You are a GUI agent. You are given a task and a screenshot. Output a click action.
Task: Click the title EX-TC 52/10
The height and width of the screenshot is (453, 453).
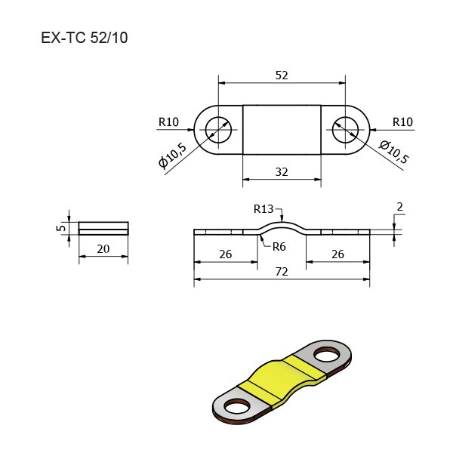tap(85, 38)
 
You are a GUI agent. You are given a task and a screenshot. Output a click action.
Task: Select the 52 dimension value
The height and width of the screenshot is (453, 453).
tap(282, 75)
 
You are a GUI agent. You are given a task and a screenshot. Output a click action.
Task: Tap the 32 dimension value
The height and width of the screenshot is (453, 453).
tap(282, 172)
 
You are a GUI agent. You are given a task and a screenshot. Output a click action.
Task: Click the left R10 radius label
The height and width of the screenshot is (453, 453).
tap(168, 122)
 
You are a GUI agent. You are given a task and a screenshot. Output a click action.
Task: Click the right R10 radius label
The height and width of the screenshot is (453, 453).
tap(402, 122)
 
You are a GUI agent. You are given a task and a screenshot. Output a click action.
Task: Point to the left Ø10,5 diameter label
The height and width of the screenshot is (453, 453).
tap(172, 156)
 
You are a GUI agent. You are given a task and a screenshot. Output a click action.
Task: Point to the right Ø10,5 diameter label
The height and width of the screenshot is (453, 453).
tap(394, 152)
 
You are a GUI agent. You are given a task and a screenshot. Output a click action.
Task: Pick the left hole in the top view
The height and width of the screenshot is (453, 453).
tap(218, 130)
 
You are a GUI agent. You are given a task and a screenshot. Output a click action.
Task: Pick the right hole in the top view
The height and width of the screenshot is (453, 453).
tap(346, 130)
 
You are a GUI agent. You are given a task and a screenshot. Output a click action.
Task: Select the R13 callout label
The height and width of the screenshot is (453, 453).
tap(263, 209)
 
